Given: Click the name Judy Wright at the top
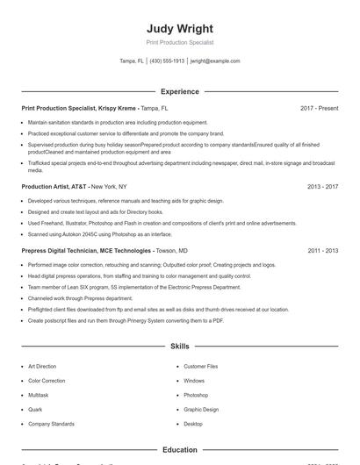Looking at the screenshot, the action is pos(180,28).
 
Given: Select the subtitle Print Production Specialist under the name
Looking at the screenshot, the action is pos(180,42).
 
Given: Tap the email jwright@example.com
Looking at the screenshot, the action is pos(215,61).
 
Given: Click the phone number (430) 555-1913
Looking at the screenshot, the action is pos(167,61).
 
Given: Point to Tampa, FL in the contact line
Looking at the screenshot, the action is pos(132,61).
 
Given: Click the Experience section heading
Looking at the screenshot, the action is pos(180,91).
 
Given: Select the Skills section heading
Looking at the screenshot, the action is pos(180,347).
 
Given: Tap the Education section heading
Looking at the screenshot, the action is pos(180,450).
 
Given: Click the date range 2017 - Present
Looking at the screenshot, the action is pos(319,108).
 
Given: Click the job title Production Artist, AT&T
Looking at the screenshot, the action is pos(54,187).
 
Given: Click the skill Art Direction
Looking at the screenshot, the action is pos(42,366).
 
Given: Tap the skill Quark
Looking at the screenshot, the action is pos(36,409).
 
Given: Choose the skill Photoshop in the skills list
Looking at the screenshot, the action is pos(196,395).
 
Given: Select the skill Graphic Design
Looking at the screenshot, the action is pos(201,409).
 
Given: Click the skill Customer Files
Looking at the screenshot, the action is pos(201,366).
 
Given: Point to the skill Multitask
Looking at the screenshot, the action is pos(40,395).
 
